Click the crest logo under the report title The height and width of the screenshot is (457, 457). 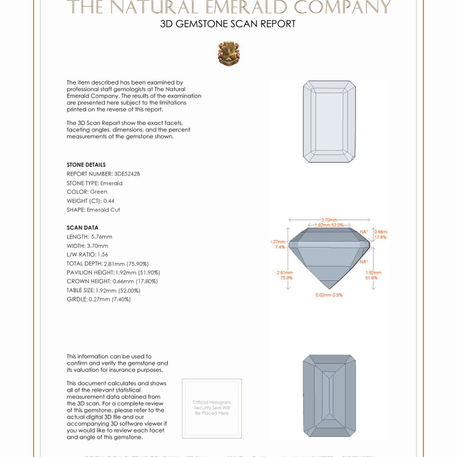pos(228,54)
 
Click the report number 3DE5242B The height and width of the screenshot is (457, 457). pos(127,174)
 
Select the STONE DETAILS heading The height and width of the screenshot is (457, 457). pos(86,165)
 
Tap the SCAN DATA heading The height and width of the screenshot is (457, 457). pos(82,227)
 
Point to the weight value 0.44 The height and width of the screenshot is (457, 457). pos(109,200)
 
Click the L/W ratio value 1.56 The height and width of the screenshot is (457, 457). pos(103,254)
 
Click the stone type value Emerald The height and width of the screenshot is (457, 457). pos(112,183)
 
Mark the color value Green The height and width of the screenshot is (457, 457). pos(99,191)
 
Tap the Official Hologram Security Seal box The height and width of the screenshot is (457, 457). pos(211,408)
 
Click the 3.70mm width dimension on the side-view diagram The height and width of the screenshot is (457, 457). pos(329,220)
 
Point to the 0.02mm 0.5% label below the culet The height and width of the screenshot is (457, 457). pos(329,295)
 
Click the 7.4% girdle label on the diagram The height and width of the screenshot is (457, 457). pos(280,247)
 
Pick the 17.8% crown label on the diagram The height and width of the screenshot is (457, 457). pos(380,238)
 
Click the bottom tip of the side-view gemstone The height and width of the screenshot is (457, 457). pos(329,288)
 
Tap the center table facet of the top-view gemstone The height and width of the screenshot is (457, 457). pos(329,122)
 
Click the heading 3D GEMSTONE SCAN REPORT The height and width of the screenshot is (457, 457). pos(228,24)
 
